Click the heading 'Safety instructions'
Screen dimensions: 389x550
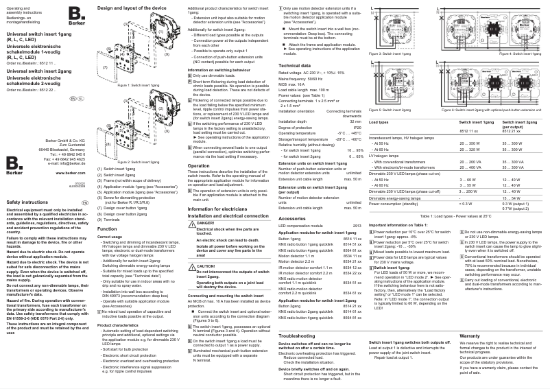(25, 203)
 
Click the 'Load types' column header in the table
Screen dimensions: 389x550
(379, 121)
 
